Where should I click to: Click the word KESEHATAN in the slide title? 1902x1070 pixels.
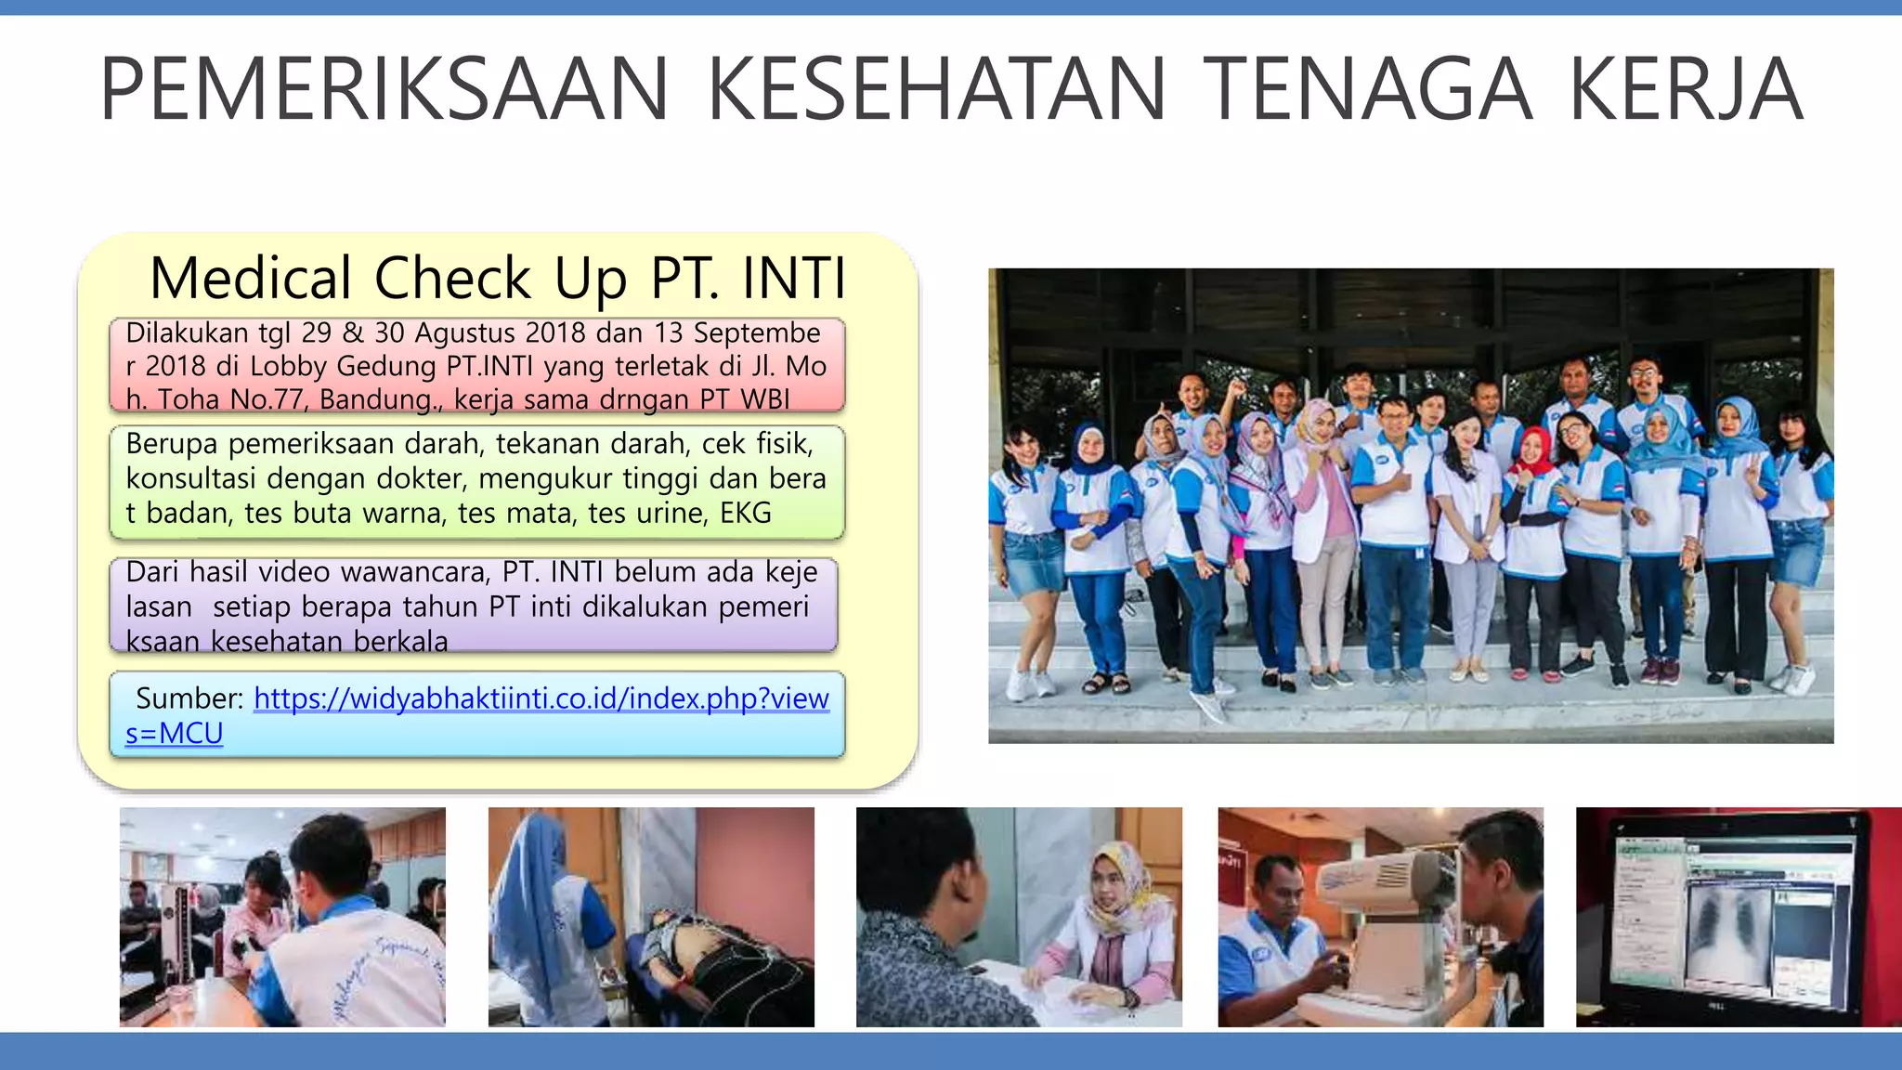coord(936,89)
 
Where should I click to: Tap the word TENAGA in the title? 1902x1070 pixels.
coord(1366,89)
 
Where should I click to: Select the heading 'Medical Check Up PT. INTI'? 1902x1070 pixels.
coord(498,278)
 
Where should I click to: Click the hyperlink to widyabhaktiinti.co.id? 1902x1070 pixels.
coord(541,698)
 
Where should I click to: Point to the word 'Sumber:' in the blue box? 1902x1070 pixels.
coord(189,698)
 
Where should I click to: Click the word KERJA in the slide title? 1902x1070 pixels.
coord(1685,89)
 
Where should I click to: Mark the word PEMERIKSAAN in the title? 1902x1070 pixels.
coord(384,89)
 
